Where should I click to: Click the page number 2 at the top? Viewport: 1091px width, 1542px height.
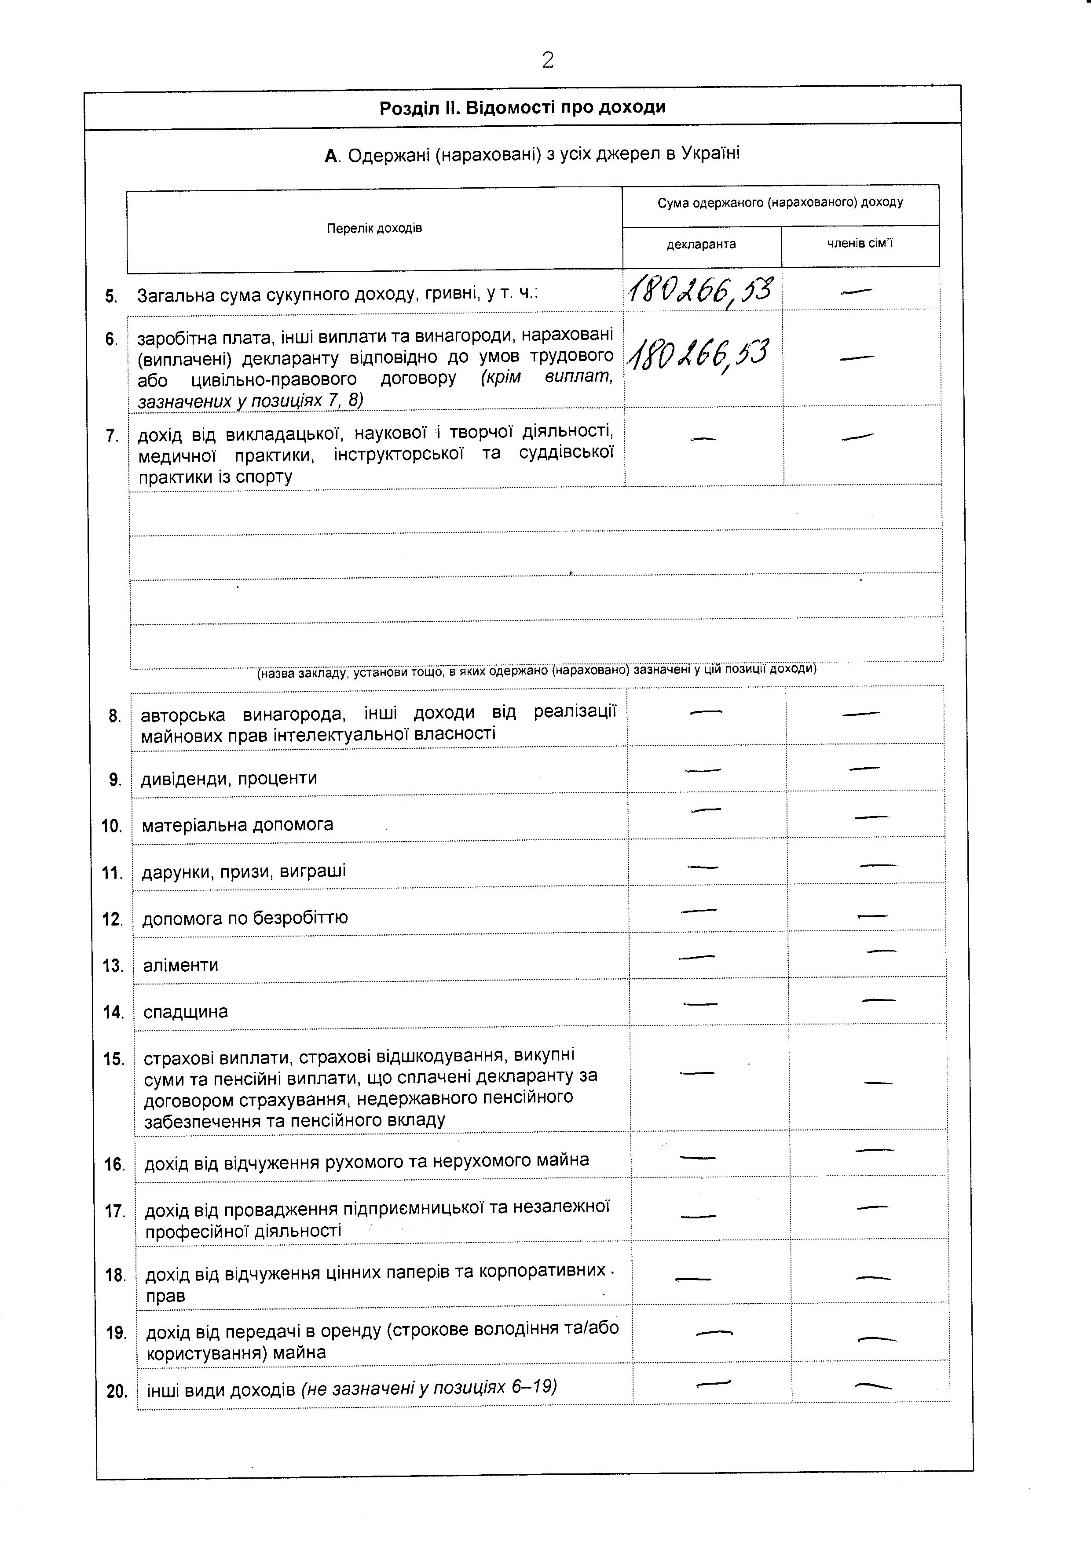tap(548, 60)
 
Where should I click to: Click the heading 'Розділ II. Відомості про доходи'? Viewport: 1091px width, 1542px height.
tap(522, 107)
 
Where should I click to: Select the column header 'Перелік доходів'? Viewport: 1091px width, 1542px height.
tap(374, 228)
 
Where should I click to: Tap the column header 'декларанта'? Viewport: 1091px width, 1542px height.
tap(701, 244)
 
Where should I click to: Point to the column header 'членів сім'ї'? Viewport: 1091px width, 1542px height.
tap(860, 243)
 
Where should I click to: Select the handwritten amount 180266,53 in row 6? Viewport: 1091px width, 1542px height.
tap(699, 354)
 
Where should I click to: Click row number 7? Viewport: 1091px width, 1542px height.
tap(112, 436)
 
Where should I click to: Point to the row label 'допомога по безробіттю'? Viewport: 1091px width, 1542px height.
tap(245, 918)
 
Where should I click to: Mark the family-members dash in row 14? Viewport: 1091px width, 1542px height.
tap(879, 1000)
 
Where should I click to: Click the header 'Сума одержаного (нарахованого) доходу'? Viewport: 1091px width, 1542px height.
tap(780, 202)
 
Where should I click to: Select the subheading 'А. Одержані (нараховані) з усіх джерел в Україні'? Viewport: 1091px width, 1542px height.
tap(532, 154)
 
